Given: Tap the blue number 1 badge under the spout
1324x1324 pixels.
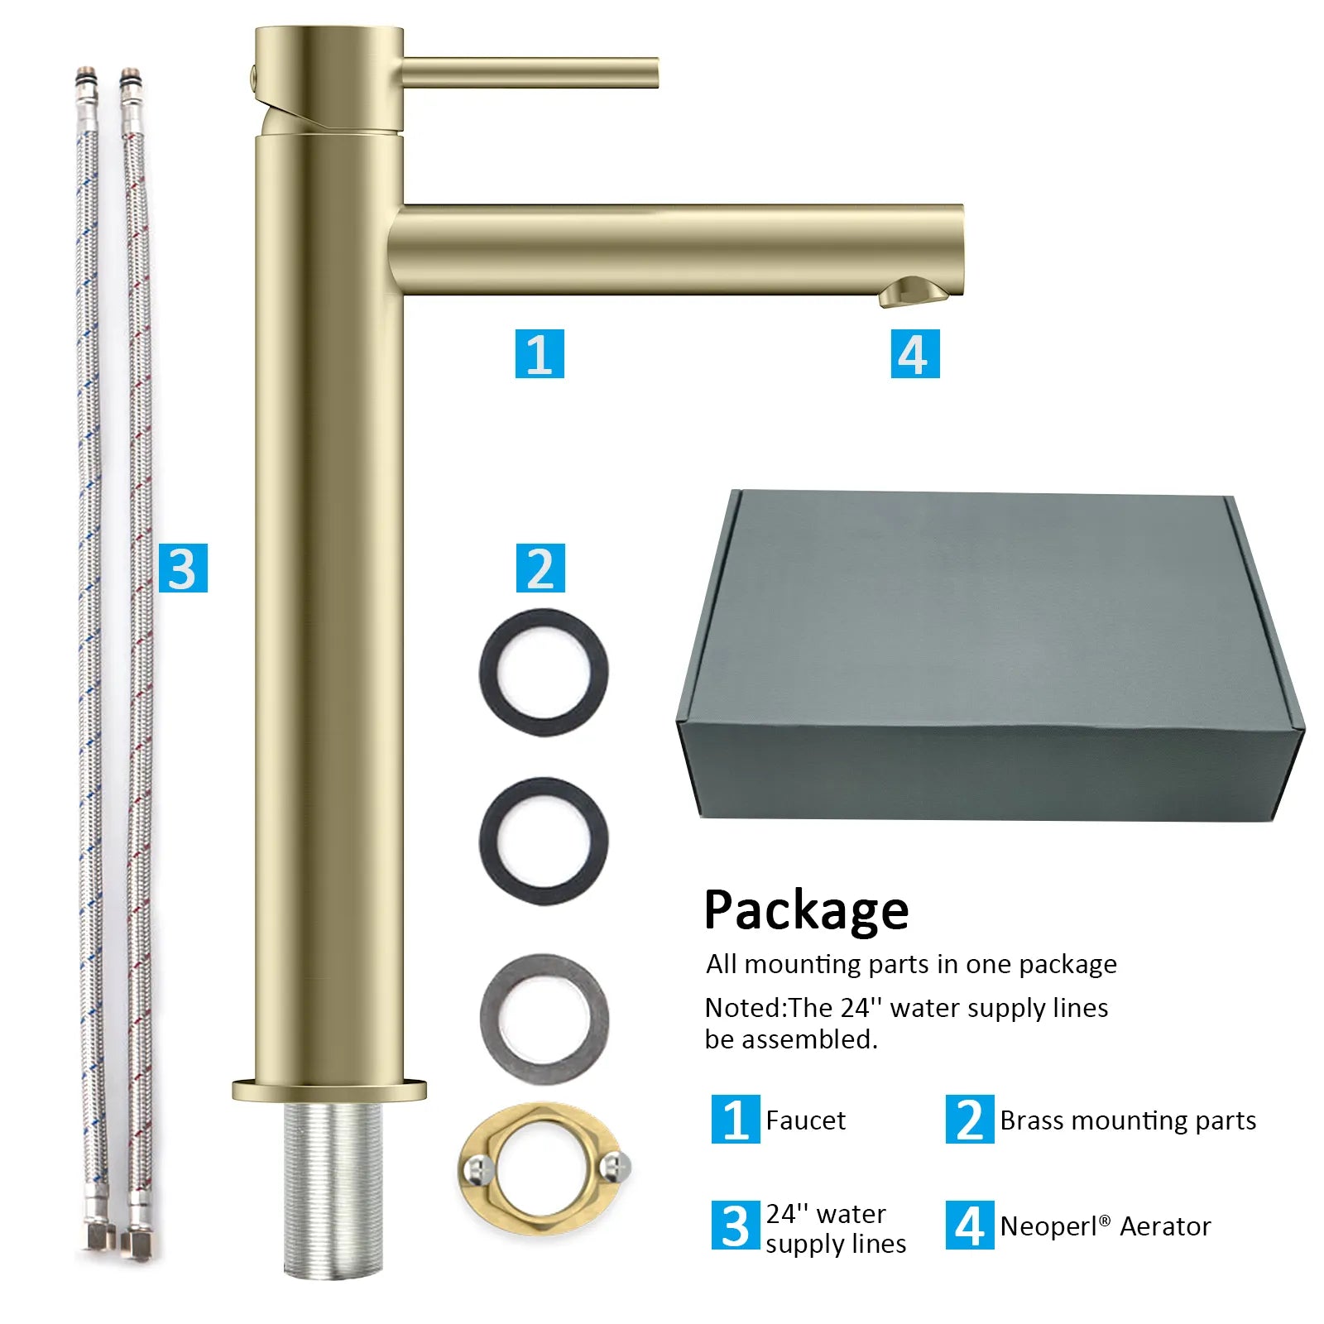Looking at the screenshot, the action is (x=540, y=353).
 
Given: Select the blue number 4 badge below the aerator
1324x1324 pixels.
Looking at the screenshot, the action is (x=915, y=353).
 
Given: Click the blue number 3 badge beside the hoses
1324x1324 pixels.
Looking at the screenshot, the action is (x=183, y=568).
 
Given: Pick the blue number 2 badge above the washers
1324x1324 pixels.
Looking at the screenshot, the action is (x=540, y=568).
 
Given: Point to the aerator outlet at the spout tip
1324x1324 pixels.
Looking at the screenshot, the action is (x=914, y=292).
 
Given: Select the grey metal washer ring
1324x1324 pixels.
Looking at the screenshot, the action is (x=544, y=1019).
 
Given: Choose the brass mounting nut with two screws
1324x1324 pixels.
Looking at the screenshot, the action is (x=544, y=1168).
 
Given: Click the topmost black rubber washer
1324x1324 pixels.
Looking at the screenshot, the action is (x=544, y=672).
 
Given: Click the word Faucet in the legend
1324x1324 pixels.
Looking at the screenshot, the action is (x=805, y=1120).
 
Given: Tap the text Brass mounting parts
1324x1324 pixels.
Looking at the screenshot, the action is (x=1128, y=1120).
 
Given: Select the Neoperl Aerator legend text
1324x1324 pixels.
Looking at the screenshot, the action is (x=1106, y=1226).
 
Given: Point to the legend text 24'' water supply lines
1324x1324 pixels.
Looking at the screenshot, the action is (x=836, y=1229).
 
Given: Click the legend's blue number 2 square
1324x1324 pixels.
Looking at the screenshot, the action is (x=970, y=1120).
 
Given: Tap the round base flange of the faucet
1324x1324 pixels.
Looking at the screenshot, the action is (x=329, y=1091).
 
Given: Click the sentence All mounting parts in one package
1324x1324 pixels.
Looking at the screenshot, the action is (x=911, y=965).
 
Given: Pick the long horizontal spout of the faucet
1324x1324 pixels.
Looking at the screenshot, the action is (x=676, y=249).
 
